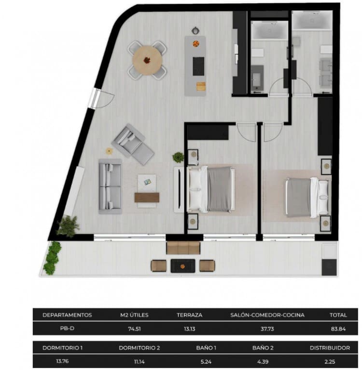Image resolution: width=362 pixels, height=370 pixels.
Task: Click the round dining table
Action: [147, 60]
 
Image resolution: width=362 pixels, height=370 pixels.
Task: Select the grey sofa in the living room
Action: [110, 186]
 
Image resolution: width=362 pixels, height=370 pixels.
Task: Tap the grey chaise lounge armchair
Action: [132, 144]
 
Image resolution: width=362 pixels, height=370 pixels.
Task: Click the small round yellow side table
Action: [109, 151]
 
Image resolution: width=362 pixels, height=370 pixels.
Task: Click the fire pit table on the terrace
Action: [183, 265]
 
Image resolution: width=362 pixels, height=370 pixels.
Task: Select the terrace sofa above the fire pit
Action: [183, 248]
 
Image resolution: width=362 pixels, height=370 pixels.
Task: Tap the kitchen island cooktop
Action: [198, 66]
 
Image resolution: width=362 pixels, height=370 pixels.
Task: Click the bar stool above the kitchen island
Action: [195, 30]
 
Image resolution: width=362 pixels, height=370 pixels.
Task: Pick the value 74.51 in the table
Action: [134, 329]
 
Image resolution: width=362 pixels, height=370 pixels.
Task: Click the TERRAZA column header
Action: [189, 315]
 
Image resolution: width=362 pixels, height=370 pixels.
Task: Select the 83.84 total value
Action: [338, 329]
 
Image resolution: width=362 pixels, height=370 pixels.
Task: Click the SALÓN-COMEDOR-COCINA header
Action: [267, 315]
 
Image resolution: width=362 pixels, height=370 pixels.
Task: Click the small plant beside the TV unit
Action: [178, 157]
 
